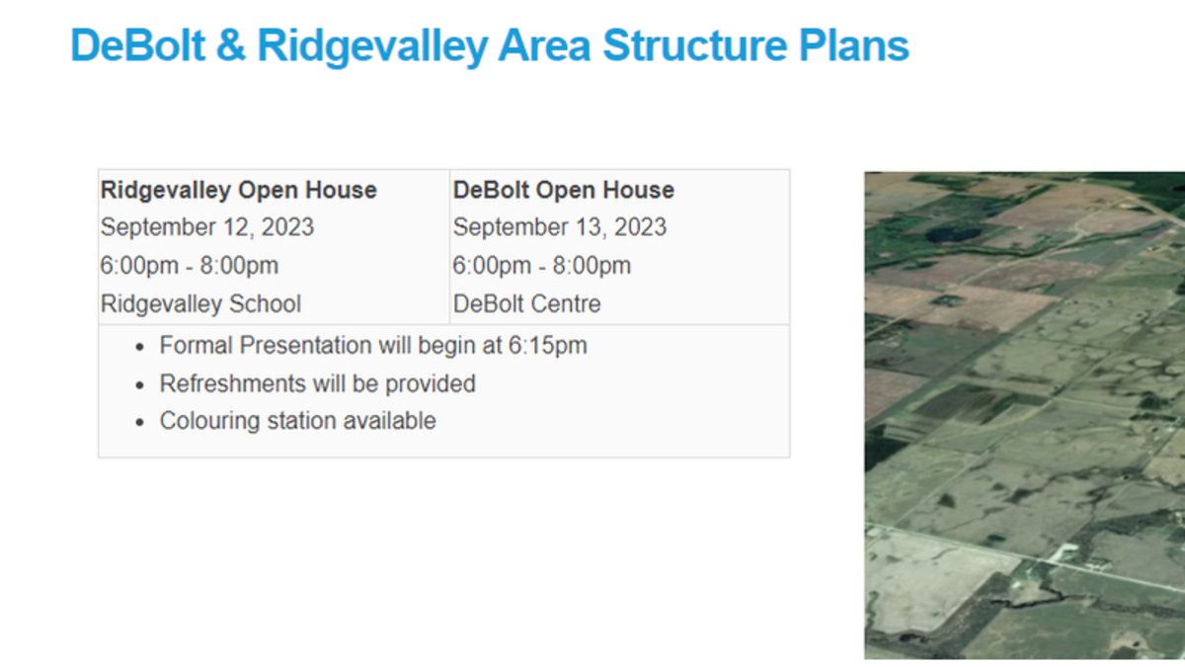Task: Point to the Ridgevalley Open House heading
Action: pyautogui.click(x=239, y=190)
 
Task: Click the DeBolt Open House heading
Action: pyautogui.click(x=563, y=190)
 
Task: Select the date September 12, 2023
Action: pyautogui.click(x=207, y=227)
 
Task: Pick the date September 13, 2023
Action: pyautogui.click(x=560, y=227)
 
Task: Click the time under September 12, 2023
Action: pyautogui.click(x=190, y=266)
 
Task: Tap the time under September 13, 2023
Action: pyautogui.click(x=542, y=266)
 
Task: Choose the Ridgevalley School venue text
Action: pyautogui.click(x=200, y=303)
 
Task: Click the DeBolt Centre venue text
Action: pyautogui.click(x=526, y=303)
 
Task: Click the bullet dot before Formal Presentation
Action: pyautogui.click(x=139, y=347)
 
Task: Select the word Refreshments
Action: pyautogui.click(x=230, y=383)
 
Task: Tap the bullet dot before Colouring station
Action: pyautogui.click(x=139, y=422)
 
